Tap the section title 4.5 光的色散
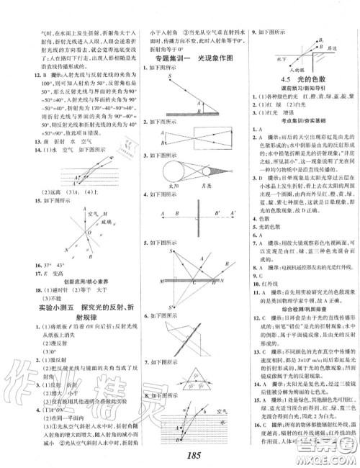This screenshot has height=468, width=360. click(x=301, y=81)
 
